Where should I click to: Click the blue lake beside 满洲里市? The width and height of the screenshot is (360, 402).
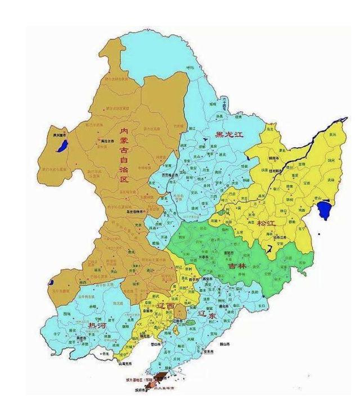[59, 147]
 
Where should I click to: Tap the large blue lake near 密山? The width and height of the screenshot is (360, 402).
[323, 211]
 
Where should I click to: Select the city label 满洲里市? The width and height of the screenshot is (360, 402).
[56, 135]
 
